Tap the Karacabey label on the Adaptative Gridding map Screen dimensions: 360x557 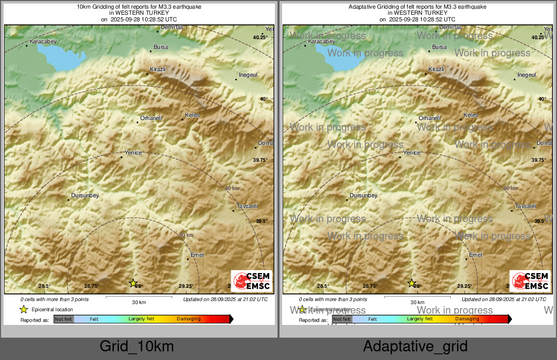point(322,41)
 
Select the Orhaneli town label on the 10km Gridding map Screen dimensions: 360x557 point(151,118)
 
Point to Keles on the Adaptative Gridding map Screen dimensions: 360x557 point(471,115)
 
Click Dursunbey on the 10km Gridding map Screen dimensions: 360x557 point(85,196)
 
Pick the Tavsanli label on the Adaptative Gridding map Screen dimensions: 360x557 point(525,206)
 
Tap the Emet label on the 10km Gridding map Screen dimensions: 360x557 point(197,255)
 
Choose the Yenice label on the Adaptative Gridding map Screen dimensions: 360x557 point(412,153)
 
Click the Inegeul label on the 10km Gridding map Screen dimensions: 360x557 point(249,75)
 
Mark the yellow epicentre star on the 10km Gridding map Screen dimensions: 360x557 point(133,283)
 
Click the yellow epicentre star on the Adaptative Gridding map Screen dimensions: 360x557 point(412,283)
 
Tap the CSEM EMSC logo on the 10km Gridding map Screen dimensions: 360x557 point(252,281)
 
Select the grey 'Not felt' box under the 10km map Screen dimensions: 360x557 point(64,319)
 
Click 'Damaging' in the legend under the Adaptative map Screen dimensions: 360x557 point(467,319)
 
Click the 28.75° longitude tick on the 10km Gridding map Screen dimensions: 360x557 point(91,286)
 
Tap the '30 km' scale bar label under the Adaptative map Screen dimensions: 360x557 point(417,303)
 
